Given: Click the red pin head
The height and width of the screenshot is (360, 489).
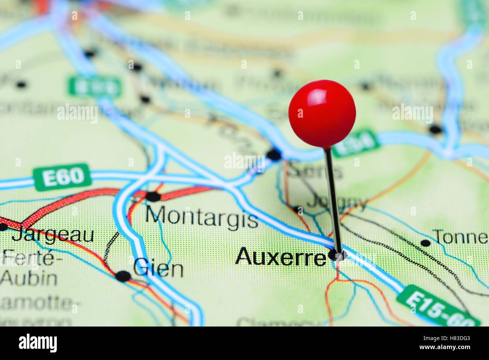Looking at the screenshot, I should (322, 113).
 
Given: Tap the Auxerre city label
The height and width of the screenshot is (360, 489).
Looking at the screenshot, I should (281, 257).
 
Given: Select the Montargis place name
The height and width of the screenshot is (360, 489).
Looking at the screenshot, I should (202, 217).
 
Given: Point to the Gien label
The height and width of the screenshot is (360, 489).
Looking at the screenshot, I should (158, 268).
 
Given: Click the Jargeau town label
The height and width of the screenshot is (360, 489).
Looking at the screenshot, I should (53, 235).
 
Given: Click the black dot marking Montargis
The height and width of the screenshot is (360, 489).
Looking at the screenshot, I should (153, 196).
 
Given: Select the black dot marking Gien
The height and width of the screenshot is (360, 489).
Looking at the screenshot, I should (123, 276).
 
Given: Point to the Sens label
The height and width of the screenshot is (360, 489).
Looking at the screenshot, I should (315, 171).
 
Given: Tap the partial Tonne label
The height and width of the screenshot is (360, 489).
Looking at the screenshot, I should (460, 237).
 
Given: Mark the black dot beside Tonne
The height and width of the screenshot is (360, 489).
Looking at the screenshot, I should (425, 243).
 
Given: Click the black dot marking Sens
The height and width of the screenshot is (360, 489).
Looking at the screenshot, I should (274, 154).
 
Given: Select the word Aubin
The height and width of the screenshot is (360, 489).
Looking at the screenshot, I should (29, 278).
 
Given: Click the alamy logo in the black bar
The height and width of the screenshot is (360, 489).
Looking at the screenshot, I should (38, 343).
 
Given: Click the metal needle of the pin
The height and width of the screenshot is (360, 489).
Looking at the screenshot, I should (333, 199).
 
